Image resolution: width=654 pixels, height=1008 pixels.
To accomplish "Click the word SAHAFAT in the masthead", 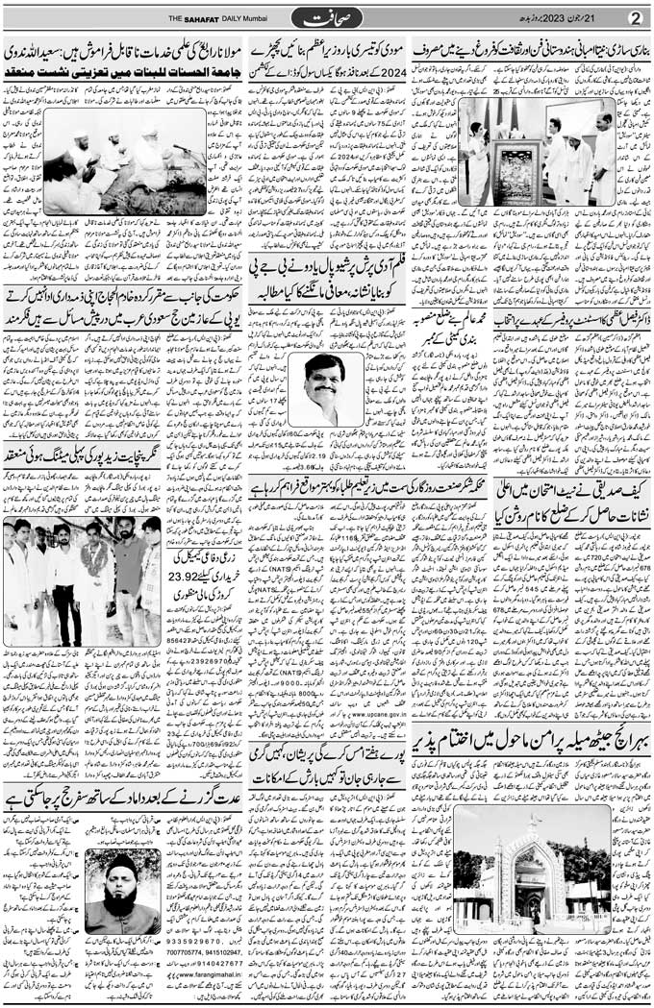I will tap(205, 18).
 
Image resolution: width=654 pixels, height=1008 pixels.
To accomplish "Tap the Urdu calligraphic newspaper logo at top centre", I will tap(327, 17).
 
